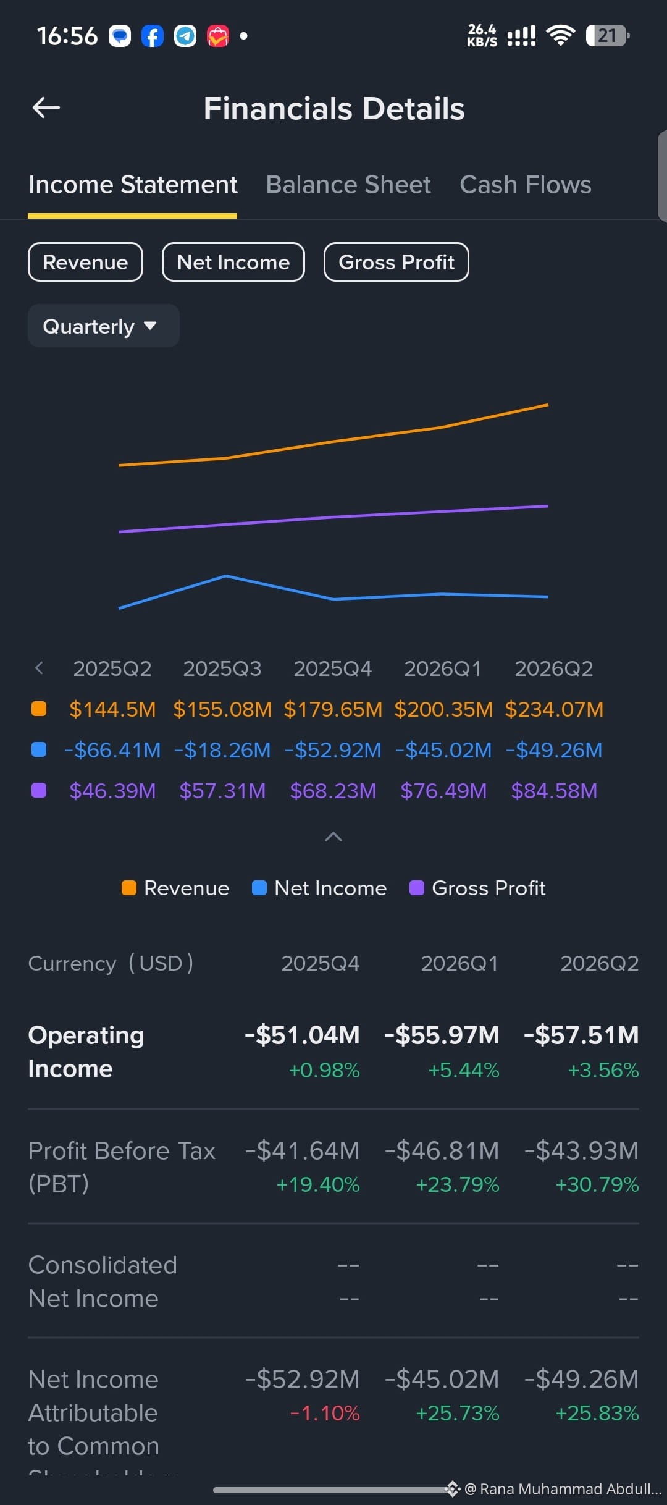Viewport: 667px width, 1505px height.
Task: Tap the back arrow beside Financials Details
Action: coord(46,107)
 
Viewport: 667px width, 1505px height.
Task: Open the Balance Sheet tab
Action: coord(348,185)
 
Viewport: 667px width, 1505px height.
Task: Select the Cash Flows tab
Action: coord(526,185)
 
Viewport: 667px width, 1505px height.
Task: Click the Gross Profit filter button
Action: coord(396,262)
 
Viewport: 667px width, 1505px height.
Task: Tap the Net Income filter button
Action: coord(233,262)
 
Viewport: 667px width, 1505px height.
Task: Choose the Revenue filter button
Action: coord(85,262)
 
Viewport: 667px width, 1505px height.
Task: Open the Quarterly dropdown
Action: coord(104,326)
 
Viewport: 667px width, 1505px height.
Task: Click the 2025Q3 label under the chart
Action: coord(222,668)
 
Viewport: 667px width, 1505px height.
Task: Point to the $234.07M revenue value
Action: coord(554,709)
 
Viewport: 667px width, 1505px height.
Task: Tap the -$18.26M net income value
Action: coord(222,750)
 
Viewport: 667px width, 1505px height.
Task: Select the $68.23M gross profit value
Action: coord(333,791)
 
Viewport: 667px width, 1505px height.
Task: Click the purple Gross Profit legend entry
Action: coord(478,888)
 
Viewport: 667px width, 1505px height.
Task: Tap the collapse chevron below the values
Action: coord(333,837)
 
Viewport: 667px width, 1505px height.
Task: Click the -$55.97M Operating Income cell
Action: coord(442,1035)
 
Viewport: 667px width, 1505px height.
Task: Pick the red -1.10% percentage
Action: coord(325,1413)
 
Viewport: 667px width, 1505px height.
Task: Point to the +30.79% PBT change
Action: coord(597,1184)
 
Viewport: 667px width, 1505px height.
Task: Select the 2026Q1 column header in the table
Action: coord(459,963)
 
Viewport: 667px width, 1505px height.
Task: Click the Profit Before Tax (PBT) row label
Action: coord(122,1167)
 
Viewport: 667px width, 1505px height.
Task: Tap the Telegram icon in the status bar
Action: coord(185,36)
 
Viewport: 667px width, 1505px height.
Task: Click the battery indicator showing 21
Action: coord(608,36)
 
